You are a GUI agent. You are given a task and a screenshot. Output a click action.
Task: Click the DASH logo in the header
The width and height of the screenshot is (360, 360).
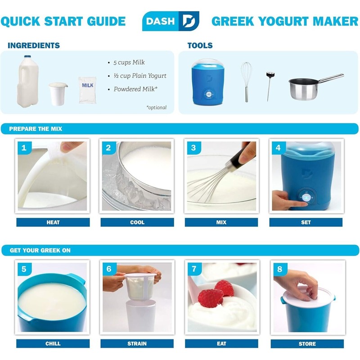pyautogui.click(x=171, y=21)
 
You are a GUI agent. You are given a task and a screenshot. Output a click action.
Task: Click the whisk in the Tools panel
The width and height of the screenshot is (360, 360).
pyautogui.click(x=246, y=81)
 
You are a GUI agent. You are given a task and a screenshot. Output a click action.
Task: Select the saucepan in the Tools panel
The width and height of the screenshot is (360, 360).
pyautogui.click(x=310, y=88)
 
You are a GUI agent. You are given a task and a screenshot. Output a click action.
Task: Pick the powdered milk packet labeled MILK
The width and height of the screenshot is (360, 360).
pyautogui.click(x=87, y=90)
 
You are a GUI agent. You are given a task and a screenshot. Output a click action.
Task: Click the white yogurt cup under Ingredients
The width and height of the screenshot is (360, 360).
pyautogui.click(x=58, y=94)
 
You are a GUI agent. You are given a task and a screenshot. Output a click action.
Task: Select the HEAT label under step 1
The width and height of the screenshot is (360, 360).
pyautogui.click(x=53, y=222)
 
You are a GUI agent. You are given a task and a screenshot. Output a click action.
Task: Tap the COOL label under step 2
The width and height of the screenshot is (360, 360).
pyautogui.click(x=137, y=222)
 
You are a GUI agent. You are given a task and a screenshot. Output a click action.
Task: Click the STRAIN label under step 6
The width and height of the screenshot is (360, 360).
pyautogui.click(x=137, y=344)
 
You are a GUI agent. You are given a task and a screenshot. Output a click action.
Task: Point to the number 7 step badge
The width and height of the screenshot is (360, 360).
pyautogui.click(x=194, y=269)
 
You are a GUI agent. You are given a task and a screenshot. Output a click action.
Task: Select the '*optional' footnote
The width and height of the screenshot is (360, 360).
pyautogui.click(x=156, y=108)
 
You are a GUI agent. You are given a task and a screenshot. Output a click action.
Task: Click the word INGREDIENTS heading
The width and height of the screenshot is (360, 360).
pyautogui.click(x=34, y=45)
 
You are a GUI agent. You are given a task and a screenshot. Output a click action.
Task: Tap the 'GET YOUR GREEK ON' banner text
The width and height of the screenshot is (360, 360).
pyautogui.click(x=40, y=250)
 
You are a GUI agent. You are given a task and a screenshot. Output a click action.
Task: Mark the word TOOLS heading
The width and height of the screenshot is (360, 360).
pyautogui.click(x=200, y=45)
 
